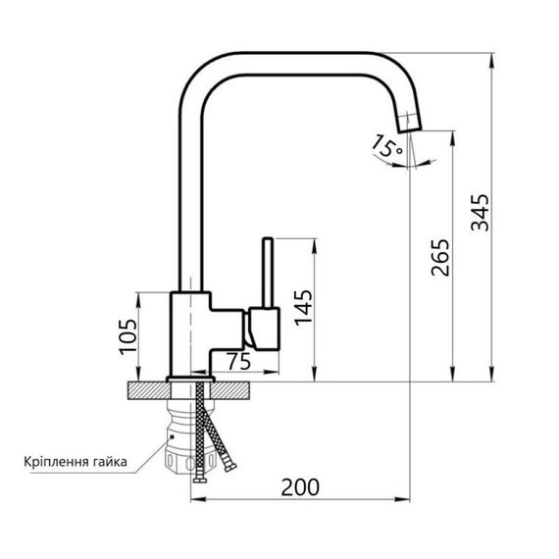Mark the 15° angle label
coord(386,148)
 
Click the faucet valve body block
coord(190,333)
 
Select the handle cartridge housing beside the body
coord(263,329)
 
